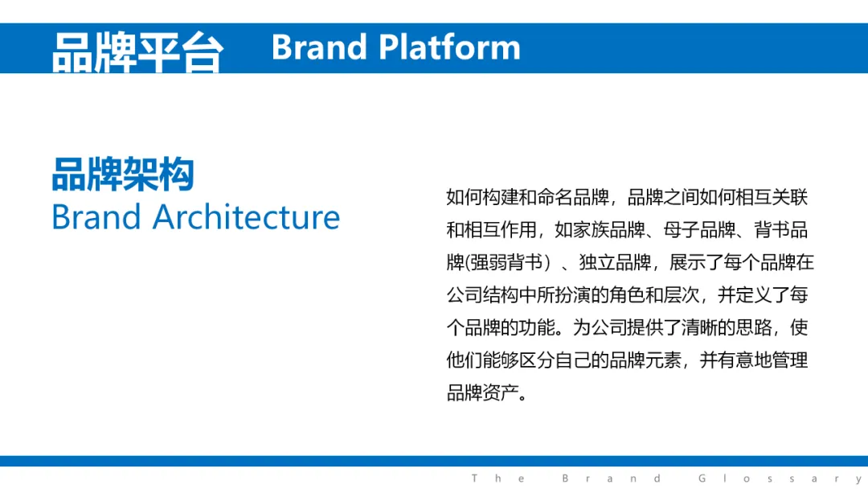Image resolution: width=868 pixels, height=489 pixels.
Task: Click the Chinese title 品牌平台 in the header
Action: [x=138, y=51]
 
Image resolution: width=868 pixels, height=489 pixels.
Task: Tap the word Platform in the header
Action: [x=449, y=47]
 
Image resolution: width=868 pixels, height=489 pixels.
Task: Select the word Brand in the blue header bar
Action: [x=319, y=47]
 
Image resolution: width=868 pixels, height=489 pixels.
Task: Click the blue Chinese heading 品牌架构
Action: [x=123, y=174]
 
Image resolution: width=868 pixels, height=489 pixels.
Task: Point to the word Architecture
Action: [x=247, y=216]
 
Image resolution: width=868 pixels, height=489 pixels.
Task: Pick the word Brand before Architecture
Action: [x=96, y=216]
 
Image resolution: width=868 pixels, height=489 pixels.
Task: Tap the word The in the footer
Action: [x=498, y=479]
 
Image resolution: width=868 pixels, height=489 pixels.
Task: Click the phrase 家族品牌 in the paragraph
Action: [x=609, y=230]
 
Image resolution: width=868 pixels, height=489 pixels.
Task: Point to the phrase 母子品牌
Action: [x=699, y=230]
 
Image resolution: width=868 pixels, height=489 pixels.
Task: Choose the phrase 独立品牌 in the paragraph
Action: [x=615, y=262]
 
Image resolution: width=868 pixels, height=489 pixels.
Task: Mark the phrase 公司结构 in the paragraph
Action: [x=483, y=294]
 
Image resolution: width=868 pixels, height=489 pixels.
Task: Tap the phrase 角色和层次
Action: [x=654, y=294]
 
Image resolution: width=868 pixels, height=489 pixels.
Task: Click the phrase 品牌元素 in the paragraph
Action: [x=645, y=360]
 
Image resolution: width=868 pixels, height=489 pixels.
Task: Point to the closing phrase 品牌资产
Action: [x=483, y=392]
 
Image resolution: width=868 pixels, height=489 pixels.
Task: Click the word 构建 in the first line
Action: [x=501, y=197]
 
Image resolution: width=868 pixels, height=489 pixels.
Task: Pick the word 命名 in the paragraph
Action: [x=555, y=197]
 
